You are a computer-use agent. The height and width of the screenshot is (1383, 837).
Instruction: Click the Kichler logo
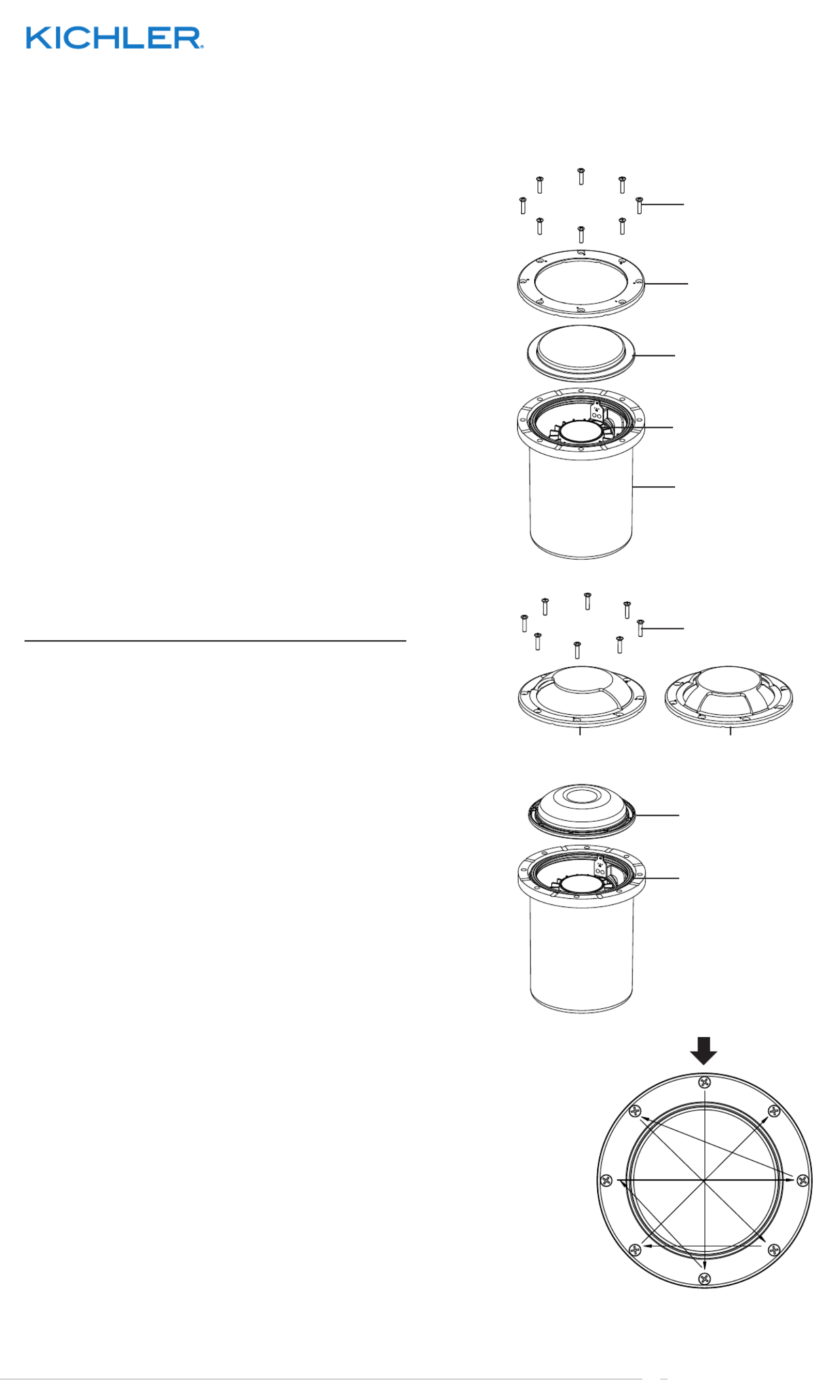coord(115,38)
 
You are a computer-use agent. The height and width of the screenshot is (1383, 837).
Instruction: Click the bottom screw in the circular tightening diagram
coord(705,1279)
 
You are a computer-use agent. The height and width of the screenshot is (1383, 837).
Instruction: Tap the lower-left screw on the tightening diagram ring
coord(635,1250)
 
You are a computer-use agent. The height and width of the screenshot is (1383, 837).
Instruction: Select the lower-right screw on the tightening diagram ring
coord(774,1250)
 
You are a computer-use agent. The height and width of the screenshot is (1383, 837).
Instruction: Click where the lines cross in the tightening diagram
coord(705,1180)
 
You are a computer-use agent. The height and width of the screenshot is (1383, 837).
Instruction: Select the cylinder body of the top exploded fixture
coord(581,505)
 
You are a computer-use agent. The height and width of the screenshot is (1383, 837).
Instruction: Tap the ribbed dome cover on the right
coord(728,697)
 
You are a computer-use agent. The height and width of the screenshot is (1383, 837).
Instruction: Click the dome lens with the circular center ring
coord(582,810)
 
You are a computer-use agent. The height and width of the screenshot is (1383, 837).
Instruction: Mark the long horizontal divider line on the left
coord(215,640)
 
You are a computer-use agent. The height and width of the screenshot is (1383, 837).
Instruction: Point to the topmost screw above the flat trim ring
coord(581,176)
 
